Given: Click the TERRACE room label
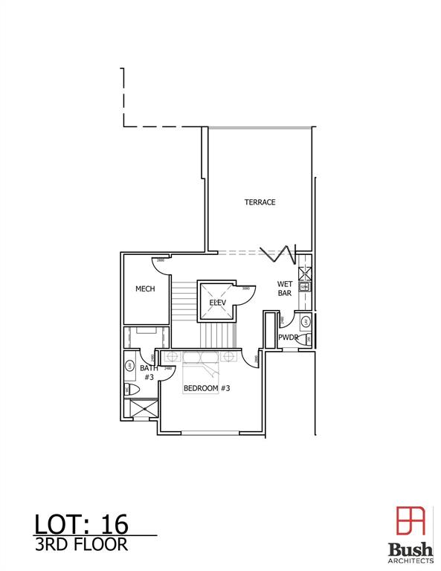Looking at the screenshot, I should pos(260,202).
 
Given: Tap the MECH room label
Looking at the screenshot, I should pos(145,288).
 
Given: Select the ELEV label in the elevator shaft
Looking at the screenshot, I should pos(217,303).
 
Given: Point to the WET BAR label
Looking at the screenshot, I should pos(284,288).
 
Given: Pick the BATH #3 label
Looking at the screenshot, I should pos(149,372).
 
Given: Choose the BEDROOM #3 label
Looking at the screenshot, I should pos(207,388).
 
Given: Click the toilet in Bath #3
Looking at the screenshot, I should pos(129,389).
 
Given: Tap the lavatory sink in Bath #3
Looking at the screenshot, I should pos(129,366).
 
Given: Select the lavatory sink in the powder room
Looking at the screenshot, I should pos(305,322).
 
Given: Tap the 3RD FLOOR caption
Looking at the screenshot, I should pos(82,544).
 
